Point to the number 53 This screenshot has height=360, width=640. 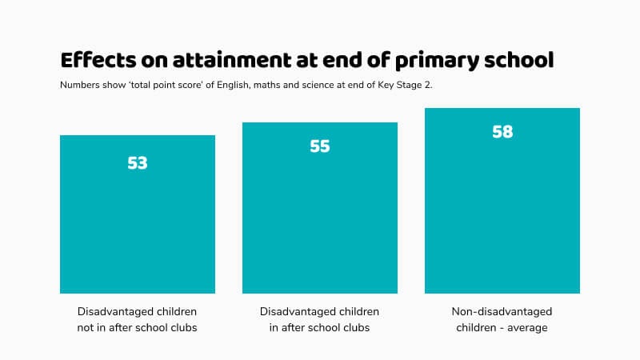(x=138, y=163)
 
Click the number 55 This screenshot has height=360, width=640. (x=320, y=147)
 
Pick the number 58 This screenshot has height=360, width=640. (x=502, y=132)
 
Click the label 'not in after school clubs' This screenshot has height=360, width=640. (x=138, y=327)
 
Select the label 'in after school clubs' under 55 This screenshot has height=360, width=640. (x=320, y=327)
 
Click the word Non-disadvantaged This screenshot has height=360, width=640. (x=502, y=311)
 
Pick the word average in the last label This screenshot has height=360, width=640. (x=528, y=327)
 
